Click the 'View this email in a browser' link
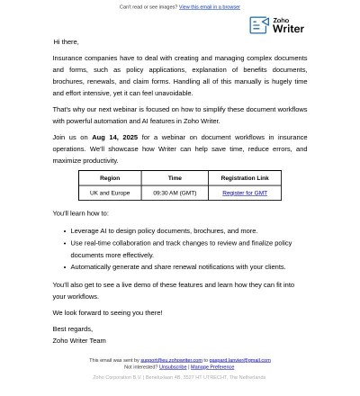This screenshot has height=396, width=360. tap(209, 7)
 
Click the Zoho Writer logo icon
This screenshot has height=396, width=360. tap(258, 25)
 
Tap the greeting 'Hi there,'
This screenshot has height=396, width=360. tap(66, 41)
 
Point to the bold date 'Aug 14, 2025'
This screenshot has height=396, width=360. tap(114, 138)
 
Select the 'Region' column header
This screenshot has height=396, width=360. tap(110, 178)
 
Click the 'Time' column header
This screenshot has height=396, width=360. tap(175, 178)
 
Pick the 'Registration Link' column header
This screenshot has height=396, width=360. tap(245, 178)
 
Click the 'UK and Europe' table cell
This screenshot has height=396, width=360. tap(110, 193)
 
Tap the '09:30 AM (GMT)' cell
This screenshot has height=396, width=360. tap(175, 193)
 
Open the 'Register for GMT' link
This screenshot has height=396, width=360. tap(245, 193)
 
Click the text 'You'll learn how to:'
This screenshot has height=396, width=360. tap(80, 213)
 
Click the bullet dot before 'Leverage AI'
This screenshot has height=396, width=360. tap(65, 231)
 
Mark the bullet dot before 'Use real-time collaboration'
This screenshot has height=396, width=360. tap(65, 243)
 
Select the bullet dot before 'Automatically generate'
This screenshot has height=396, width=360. tap(65, 267)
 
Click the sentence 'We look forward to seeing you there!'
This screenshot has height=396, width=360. tap(107, 312)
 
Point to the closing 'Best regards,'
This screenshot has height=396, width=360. tap(72, 328)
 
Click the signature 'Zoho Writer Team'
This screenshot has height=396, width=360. tap(79, 340)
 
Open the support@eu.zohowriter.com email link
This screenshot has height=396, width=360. tap(171, 360)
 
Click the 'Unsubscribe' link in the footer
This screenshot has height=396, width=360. tap(173, 367)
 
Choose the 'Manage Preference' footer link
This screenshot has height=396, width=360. tap(212, 367)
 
